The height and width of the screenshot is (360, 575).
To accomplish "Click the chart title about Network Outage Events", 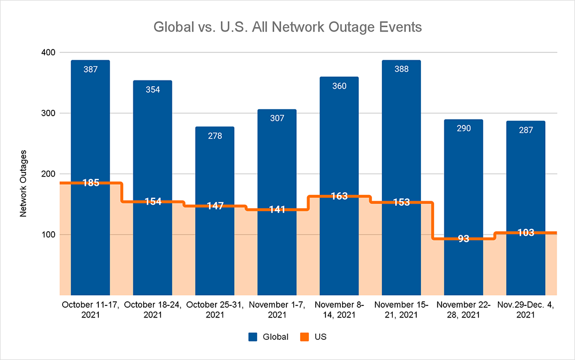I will (x=287, y=28).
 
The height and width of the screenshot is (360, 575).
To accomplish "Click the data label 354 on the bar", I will (x=152, y=89).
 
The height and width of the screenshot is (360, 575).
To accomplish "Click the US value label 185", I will (x=90, y=183).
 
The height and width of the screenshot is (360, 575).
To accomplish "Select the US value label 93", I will (x=463, y=239).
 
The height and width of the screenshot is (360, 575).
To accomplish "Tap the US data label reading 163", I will (x=339, y=196).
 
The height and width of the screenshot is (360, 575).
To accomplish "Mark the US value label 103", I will (x=525, y=233).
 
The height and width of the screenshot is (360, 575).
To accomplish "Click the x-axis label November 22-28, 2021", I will (x=463, y=309).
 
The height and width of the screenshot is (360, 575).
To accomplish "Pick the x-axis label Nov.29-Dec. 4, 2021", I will (x=525, y=309).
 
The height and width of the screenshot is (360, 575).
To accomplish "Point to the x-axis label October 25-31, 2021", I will (x=214, y=309).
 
